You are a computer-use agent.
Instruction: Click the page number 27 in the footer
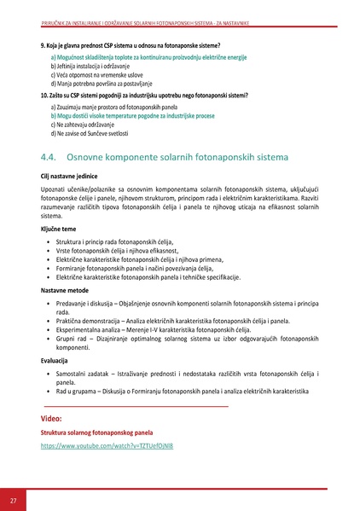13,499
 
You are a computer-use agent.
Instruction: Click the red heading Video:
51,420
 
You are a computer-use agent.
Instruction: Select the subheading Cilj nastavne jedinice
72,176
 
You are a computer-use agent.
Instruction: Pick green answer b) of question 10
142,115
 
